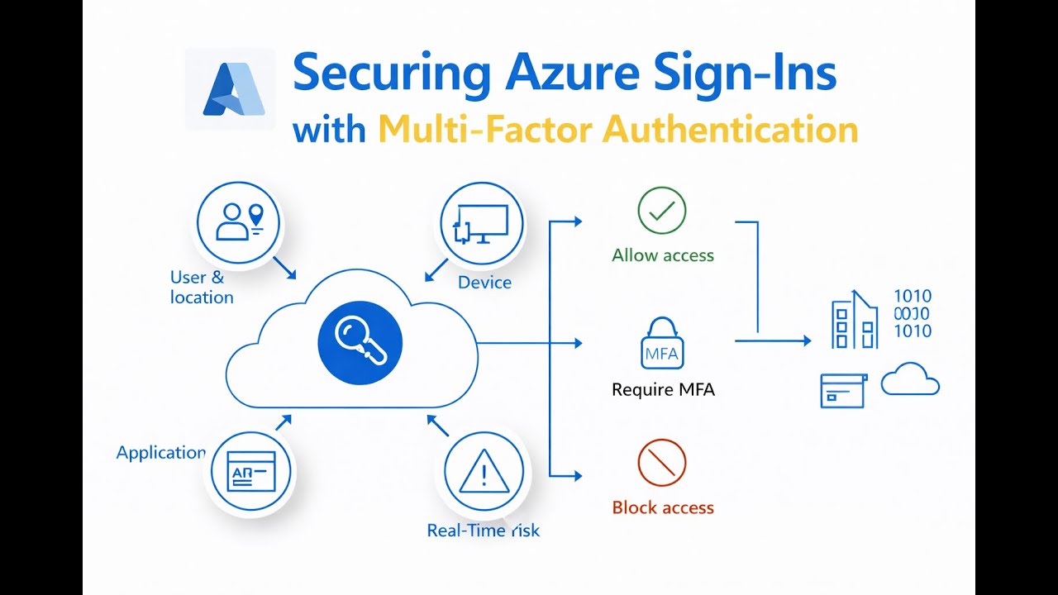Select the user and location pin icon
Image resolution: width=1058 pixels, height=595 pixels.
pos(238,223)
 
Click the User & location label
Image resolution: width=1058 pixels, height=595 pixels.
pos(201,288)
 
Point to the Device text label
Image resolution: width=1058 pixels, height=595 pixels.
pos(484,283)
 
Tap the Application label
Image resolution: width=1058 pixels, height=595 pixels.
pos(160,453)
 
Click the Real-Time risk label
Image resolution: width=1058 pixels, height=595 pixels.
pos(483,531)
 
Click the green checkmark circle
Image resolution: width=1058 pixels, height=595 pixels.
pos(662,212)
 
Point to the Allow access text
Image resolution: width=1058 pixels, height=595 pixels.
pos(663,255)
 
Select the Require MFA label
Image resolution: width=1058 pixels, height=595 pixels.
pos(663,389)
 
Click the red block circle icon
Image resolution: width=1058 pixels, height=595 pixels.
pos(662,464)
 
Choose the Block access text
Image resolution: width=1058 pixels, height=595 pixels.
pos(663,507)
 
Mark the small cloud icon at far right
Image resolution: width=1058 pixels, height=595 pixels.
pos(910,380)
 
